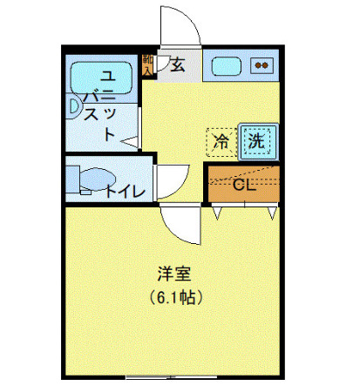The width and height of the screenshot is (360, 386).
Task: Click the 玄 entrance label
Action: [x=177, y=64]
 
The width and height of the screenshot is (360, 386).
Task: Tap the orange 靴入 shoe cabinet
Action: [x=148, y=67]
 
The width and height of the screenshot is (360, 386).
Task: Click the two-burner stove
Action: [x=261, y=64]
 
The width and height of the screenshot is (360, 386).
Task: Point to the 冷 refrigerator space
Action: [x=221, y=140]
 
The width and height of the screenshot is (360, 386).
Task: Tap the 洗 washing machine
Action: [x=256, y=139]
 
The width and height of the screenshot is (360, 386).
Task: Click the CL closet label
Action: [x=243, y=185]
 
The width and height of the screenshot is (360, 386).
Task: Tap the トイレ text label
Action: [x=126, y=192]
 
